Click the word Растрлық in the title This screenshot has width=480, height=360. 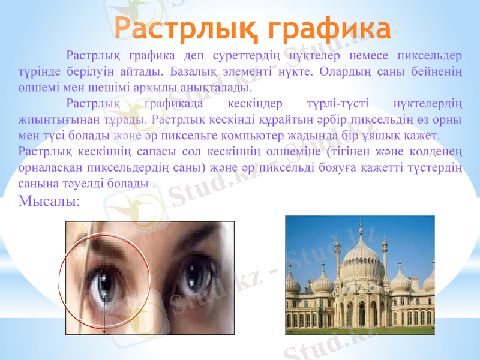click(186, 28)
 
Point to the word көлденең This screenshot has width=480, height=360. click(434, 150)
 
